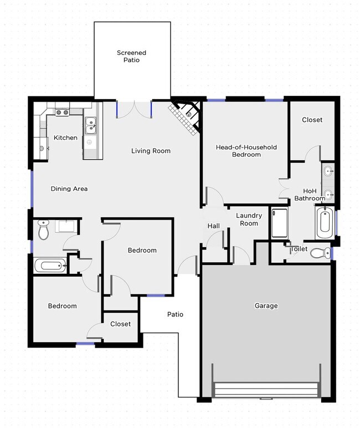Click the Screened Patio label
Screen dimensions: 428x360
coord(132,56)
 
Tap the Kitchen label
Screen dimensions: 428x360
coord(65,137)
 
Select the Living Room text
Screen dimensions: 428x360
coord(151,151)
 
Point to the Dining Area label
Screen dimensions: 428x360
coord(69,188)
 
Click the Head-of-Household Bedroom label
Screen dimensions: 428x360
coord(246,151)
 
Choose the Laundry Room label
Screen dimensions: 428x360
coord(247,219)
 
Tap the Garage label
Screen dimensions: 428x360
coord(266,305)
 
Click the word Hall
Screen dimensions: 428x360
coord(213,226)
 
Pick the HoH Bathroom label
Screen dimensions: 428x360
coord(310,194)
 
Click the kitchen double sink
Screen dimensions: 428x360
coord(91,126)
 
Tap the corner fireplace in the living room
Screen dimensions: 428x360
coord(186,116)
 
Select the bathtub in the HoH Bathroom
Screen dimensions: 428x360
coord(324,222)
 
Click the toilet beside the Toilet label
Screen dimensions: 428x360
coord(318,253)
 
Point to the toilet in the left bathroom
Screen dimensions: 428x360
coord(43,229)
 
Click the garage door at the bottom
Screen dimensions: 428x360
coord(266,390)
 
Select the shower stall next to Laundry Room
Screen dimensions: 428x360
coord(279,223)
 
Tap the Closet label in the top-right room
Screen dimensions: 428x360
coord(312,120)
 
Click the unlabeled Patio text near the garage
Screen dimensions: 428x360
coord(175,314)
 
